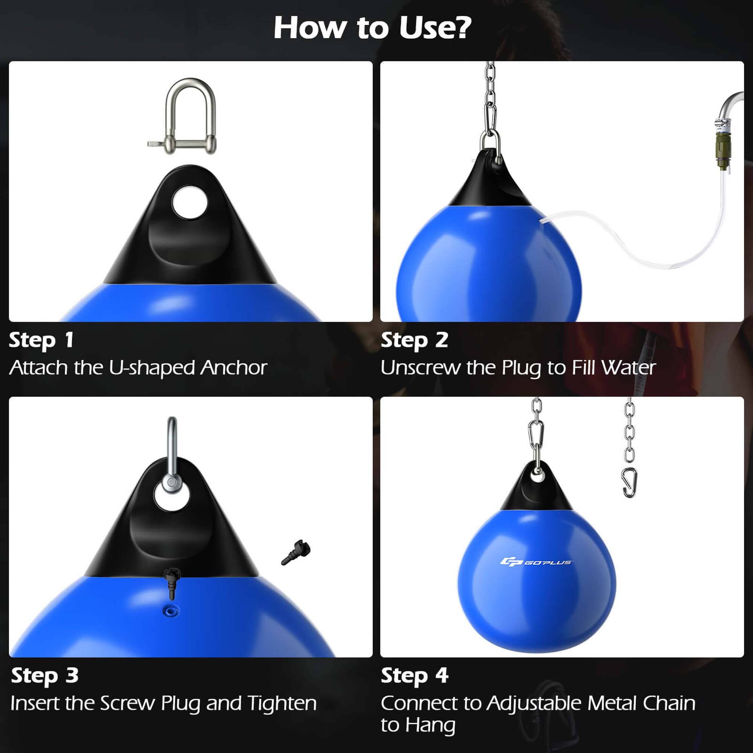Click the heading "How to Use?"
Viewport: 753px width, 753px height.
point(372,28)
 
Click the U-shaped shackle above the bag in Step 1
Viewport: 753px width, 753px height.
point(190,117)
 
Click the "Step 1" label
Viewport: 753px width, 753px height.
point(41,340)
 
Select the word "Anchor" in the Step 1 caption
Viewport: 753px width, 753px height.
point(234,367)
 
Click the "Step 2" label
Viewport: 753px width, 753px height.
point(414,340)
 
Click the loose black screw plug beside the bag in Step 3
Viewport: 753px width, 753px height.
point(296,552)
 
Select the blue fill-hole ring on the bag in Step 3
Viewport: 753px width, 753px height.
point(171,611)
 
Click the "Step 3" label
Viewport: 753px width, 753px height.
point(44,675)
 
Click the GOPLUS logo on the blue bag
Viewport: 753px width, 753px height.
point(536,562)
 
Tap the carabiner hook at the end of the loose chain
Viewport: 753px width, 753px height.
point(629,483)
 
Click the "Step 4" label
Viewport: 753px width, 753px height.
point(414,675)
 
